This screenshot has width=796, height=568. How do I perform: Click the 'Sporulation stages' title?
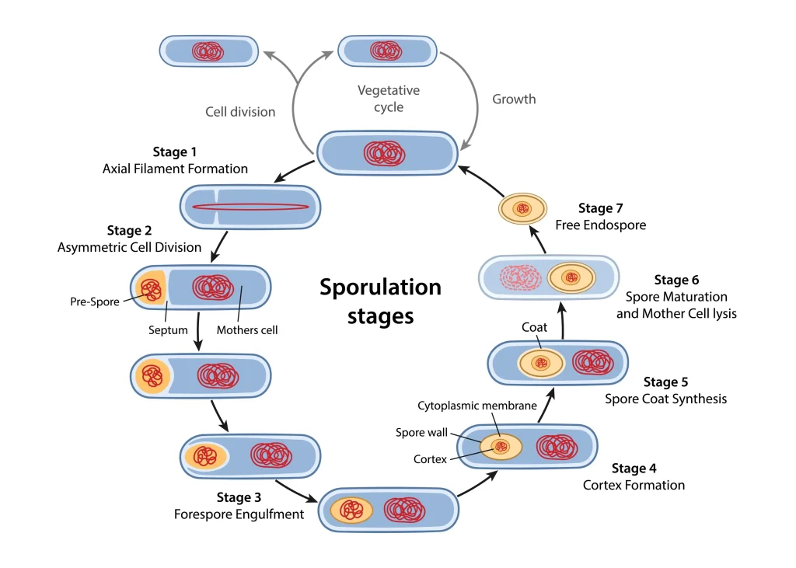coord(380,301)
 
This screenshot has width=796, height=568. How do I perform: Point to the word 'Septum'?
coord(168,330)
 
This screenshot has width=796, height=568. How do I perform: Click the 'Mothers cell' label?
coord(247,330)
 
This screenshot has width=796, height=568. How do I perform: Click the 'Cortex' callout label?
coord(431,459)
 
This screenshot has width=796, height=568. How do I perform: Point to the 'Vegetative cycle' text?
coord(389,99)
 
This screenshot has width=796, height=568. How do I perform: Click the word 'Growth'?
coord(514,99)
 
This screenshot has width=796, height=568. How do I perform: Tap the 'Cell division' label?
coord(240,112)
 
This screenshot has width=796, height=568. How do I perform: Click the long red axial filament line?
coord(250,207)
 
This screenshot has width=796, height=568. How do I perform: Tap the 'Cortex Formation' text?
coord(634,485)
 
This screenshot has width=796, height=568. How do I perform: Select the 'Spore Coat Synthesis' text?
coord(666,399)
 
